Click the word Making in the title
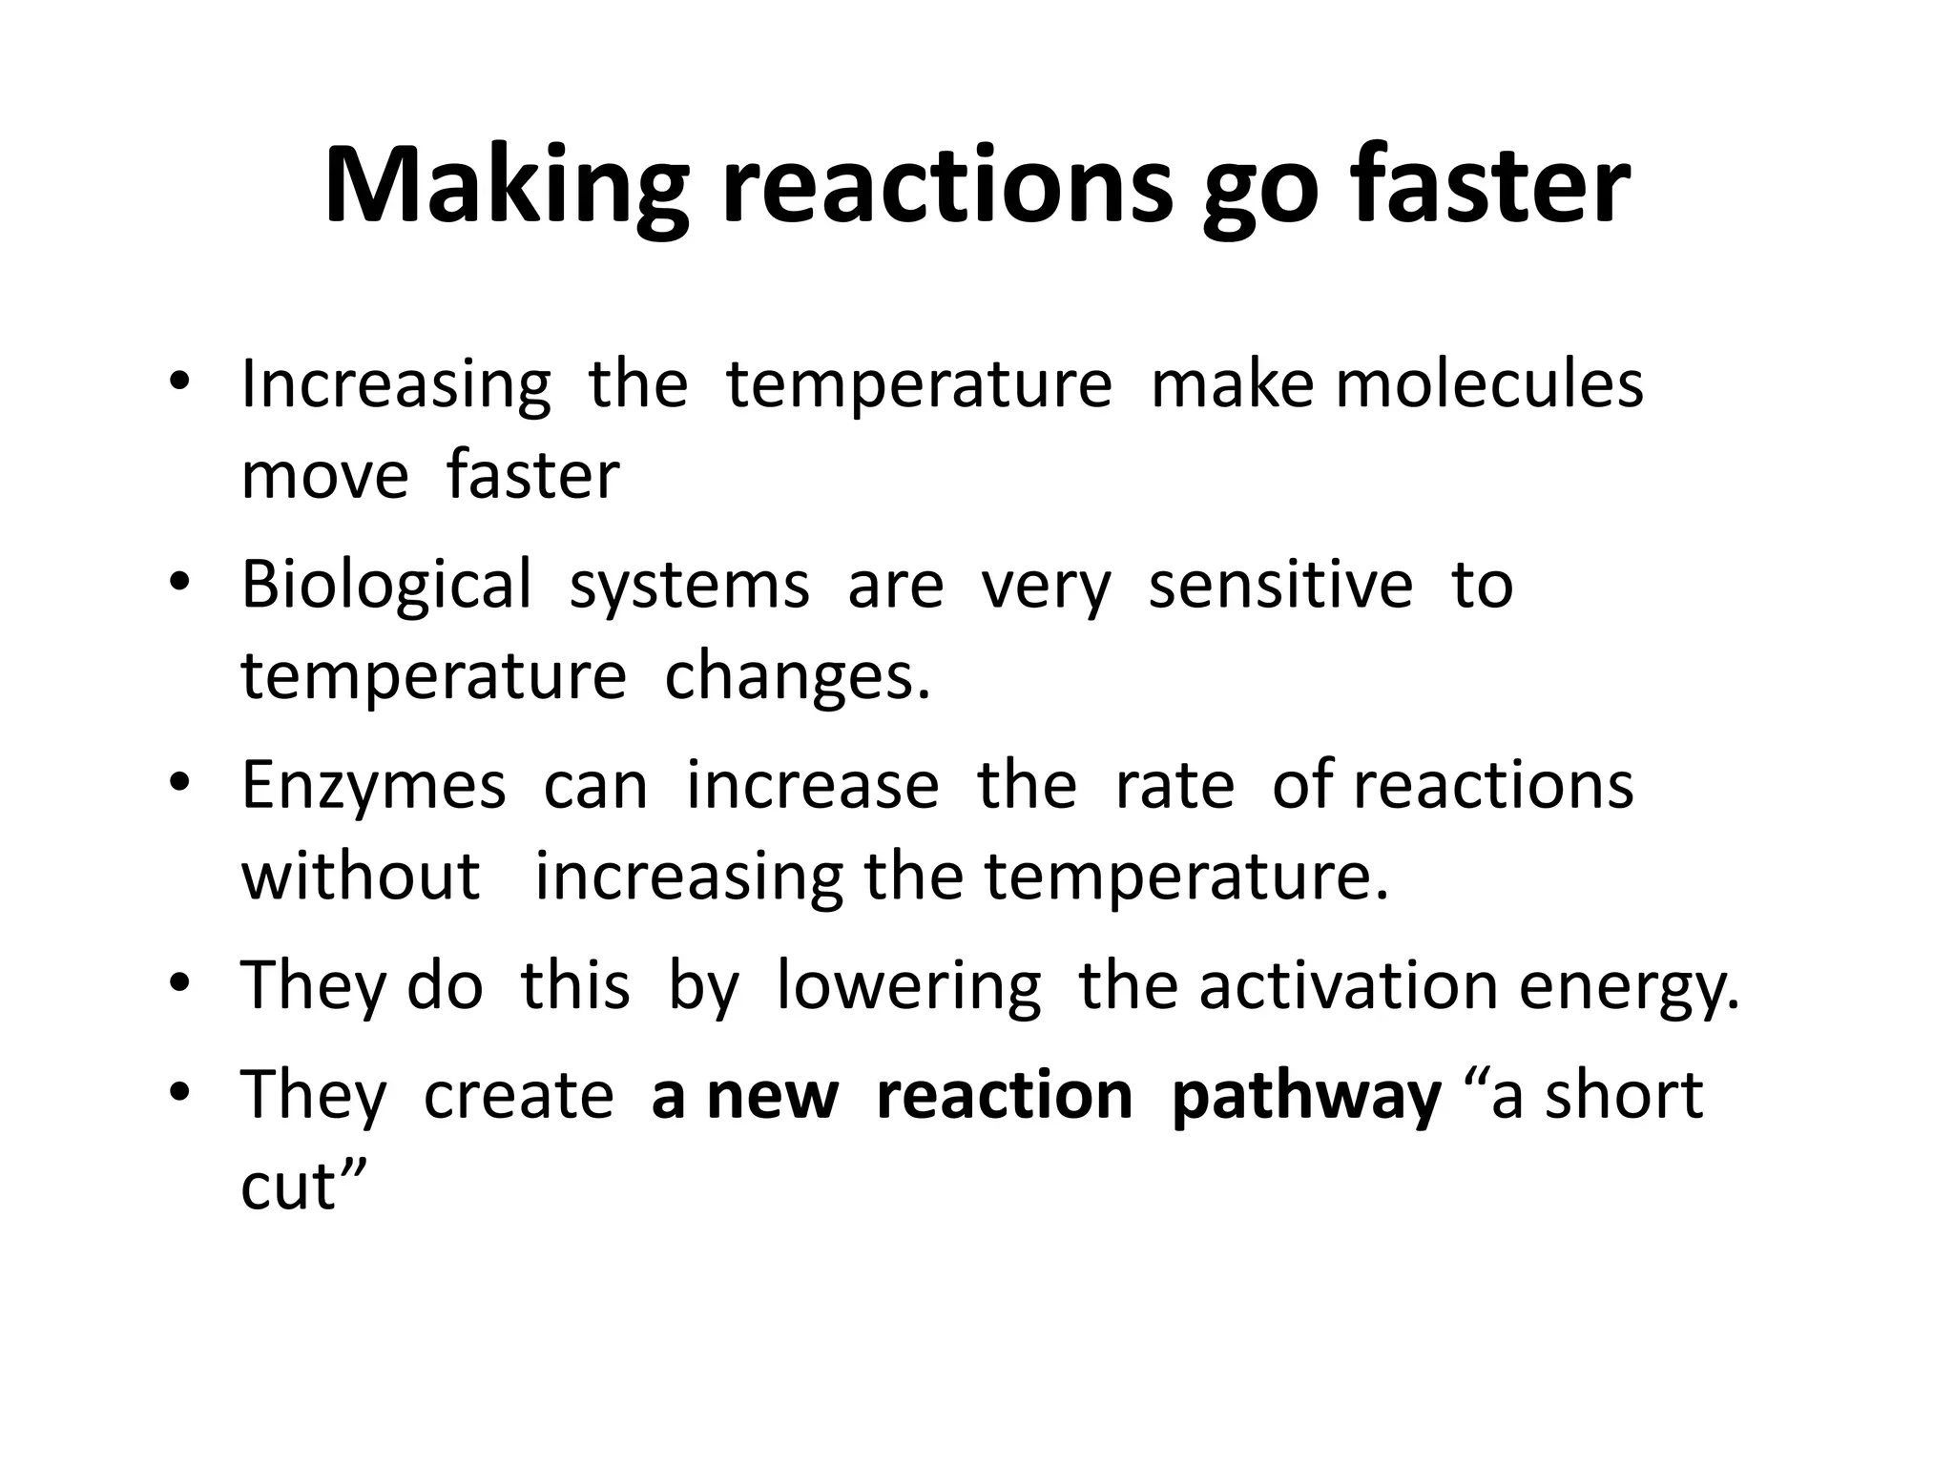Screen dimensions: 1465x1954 click(x=506, y=186)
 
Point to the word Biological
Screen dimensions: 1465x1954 click(x=385, y=585)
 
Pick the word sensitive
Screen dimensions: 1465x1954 click(x=1280, y=585)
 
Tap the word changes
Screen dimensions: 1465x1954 click(x=797, y=677)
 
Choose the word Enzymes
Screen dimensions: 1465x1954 click(x=373, y=787)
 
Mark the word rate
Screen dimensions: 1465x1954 click(x=1174, y=787)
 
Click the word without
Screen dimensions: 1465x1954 click(x=361, y=877)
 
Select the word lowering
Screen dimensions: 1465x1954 click(x=908, y=987)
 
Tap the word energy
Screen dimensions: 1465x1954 click(x=1630, y=989)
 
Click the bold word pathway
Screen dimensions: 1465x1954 click(x=1305, y=1097)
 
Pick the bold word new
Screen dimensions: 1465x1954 click(x=773, y=1097)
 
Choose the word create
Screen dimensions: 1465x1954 click(x=518, y=1097)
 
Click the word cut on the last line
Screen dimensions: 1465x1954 click(x=288, y=1187)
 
